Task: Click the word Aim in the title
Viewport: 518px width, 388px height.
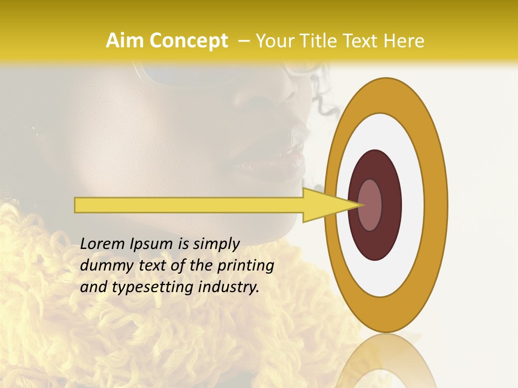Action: pos(125,41)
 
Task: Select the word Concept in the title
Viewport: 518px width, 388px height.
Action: pos(188,41)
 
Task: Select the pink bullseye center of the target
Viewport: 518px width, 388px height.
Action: pos(370,205)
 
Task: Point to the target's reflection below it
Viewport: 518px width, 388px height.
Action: pos(386,364)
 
